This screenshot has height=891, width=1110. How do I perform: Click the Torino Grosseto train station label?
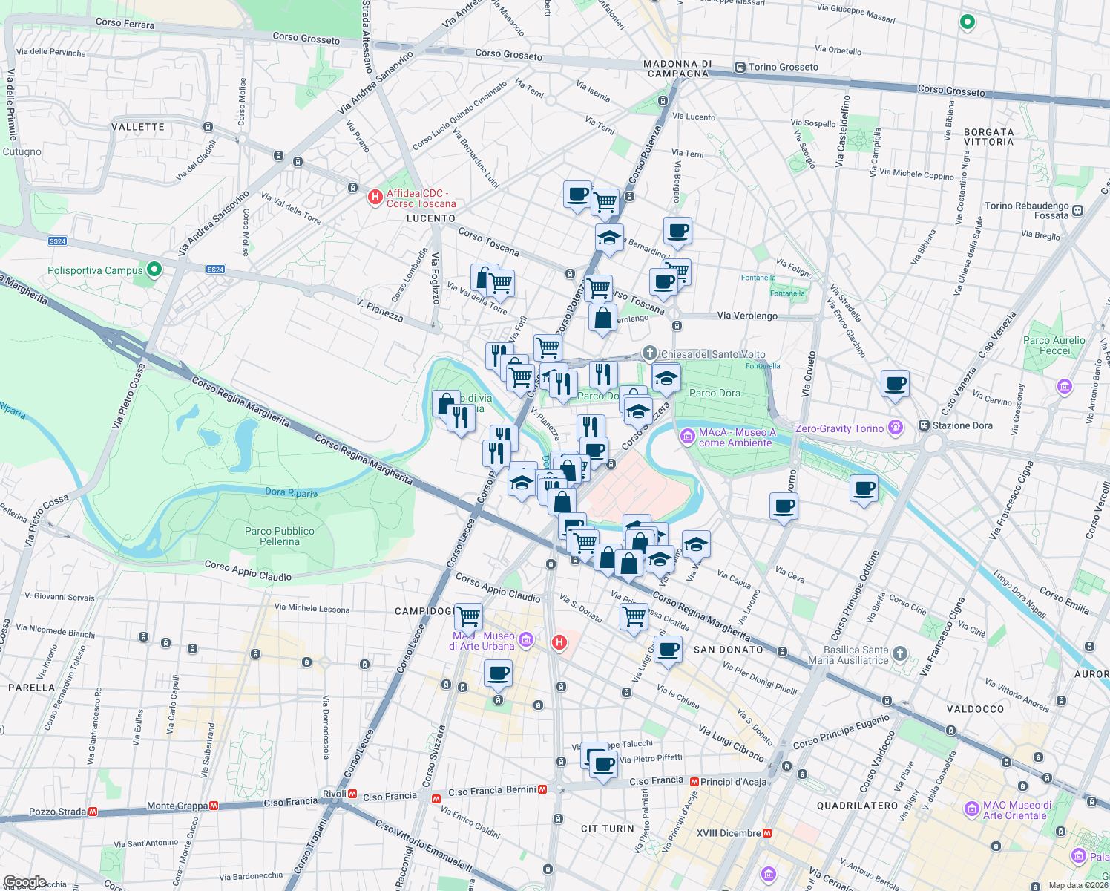coord(783,67)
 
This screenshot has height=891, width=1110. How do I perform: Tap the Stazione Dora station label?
coord(962,425)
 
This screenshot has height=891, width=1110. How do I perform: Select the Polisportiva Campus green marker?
coord(154,270)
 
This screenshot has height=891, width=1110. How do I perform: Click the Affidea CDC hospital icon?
coord(375,198)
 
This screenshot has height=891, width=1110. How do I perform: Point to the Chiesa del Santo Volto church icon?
coord(650,353)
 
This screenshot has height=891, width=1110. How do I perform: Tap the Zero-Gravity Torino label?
coord(839,428)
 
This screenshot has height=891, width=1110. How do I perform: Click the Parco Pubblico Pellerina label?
coord(280,536)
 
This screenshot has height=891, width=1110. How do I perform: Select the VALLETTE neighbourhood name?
coord(138,127)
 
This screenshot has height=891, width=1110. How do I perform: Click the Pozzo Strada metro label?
coord(57,812)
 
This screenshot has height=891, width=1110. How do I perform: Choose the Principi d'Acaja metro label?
coord(733,781)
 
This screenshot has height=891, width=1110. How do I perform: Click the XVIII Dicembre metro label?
coord(729,833)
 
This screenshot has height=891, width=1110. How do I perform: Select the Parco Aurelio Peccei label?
coord(1054,345)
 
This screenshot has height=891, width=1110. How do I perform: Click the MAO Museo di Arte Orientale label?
coord(1017,810)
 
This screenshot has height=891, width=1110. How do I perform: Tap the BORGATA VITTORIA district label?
coord(988,137)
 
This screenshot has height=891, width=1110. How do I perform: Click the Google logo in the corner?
coord(24,882)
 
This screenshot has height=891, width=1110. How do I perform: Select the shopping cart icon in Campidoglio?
coord(468,616)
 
